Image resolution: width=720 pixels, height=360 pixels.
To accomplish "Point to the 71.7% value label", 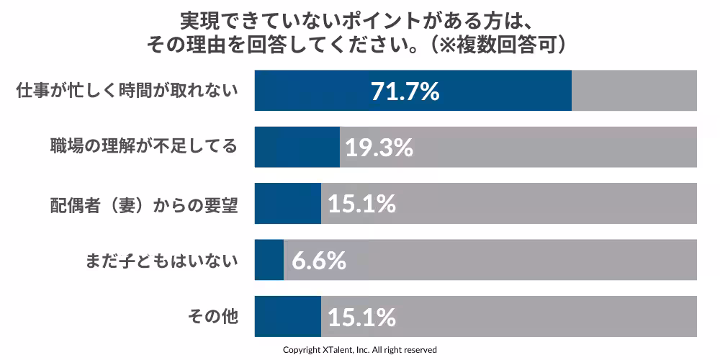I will coord(405,91).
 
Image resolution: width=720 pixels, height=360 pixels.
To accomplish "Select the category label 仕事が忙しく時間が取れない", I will coord(127,91).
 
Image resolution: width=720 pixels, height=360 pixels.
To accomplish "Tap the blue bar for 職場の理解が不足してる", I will coord(297,147).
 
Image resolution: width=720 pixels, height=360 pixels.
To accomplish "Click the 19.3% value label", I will coord(379,148).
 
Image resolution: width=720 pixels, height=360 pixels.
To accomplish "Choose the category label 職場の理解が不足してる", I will coord(143,147).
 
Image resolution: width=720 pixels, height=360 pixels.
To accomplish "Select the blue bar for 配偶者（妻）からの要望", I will coord(287,203).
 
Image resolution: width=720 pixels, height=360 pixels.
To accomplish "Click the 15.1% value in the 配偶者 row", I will coord(361,204).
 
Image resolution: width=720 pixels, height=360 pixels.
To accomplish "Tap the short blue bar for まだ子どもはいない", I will coord(269,259).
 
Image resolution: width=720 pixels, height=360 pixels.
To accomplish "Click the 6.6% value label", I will coord(319,260).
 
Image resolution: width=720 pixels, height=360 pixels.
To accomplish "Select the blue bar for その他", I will coord(287,316).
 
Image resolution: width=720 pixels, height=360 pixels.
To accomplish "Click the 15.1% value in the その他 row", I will coord(361,317).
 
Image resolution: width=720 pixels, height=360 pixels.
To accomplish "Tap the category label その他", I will coord(212,316).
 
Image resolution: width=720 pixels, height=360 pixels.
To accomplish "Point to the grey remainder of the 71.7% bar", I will coord(634,91).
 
